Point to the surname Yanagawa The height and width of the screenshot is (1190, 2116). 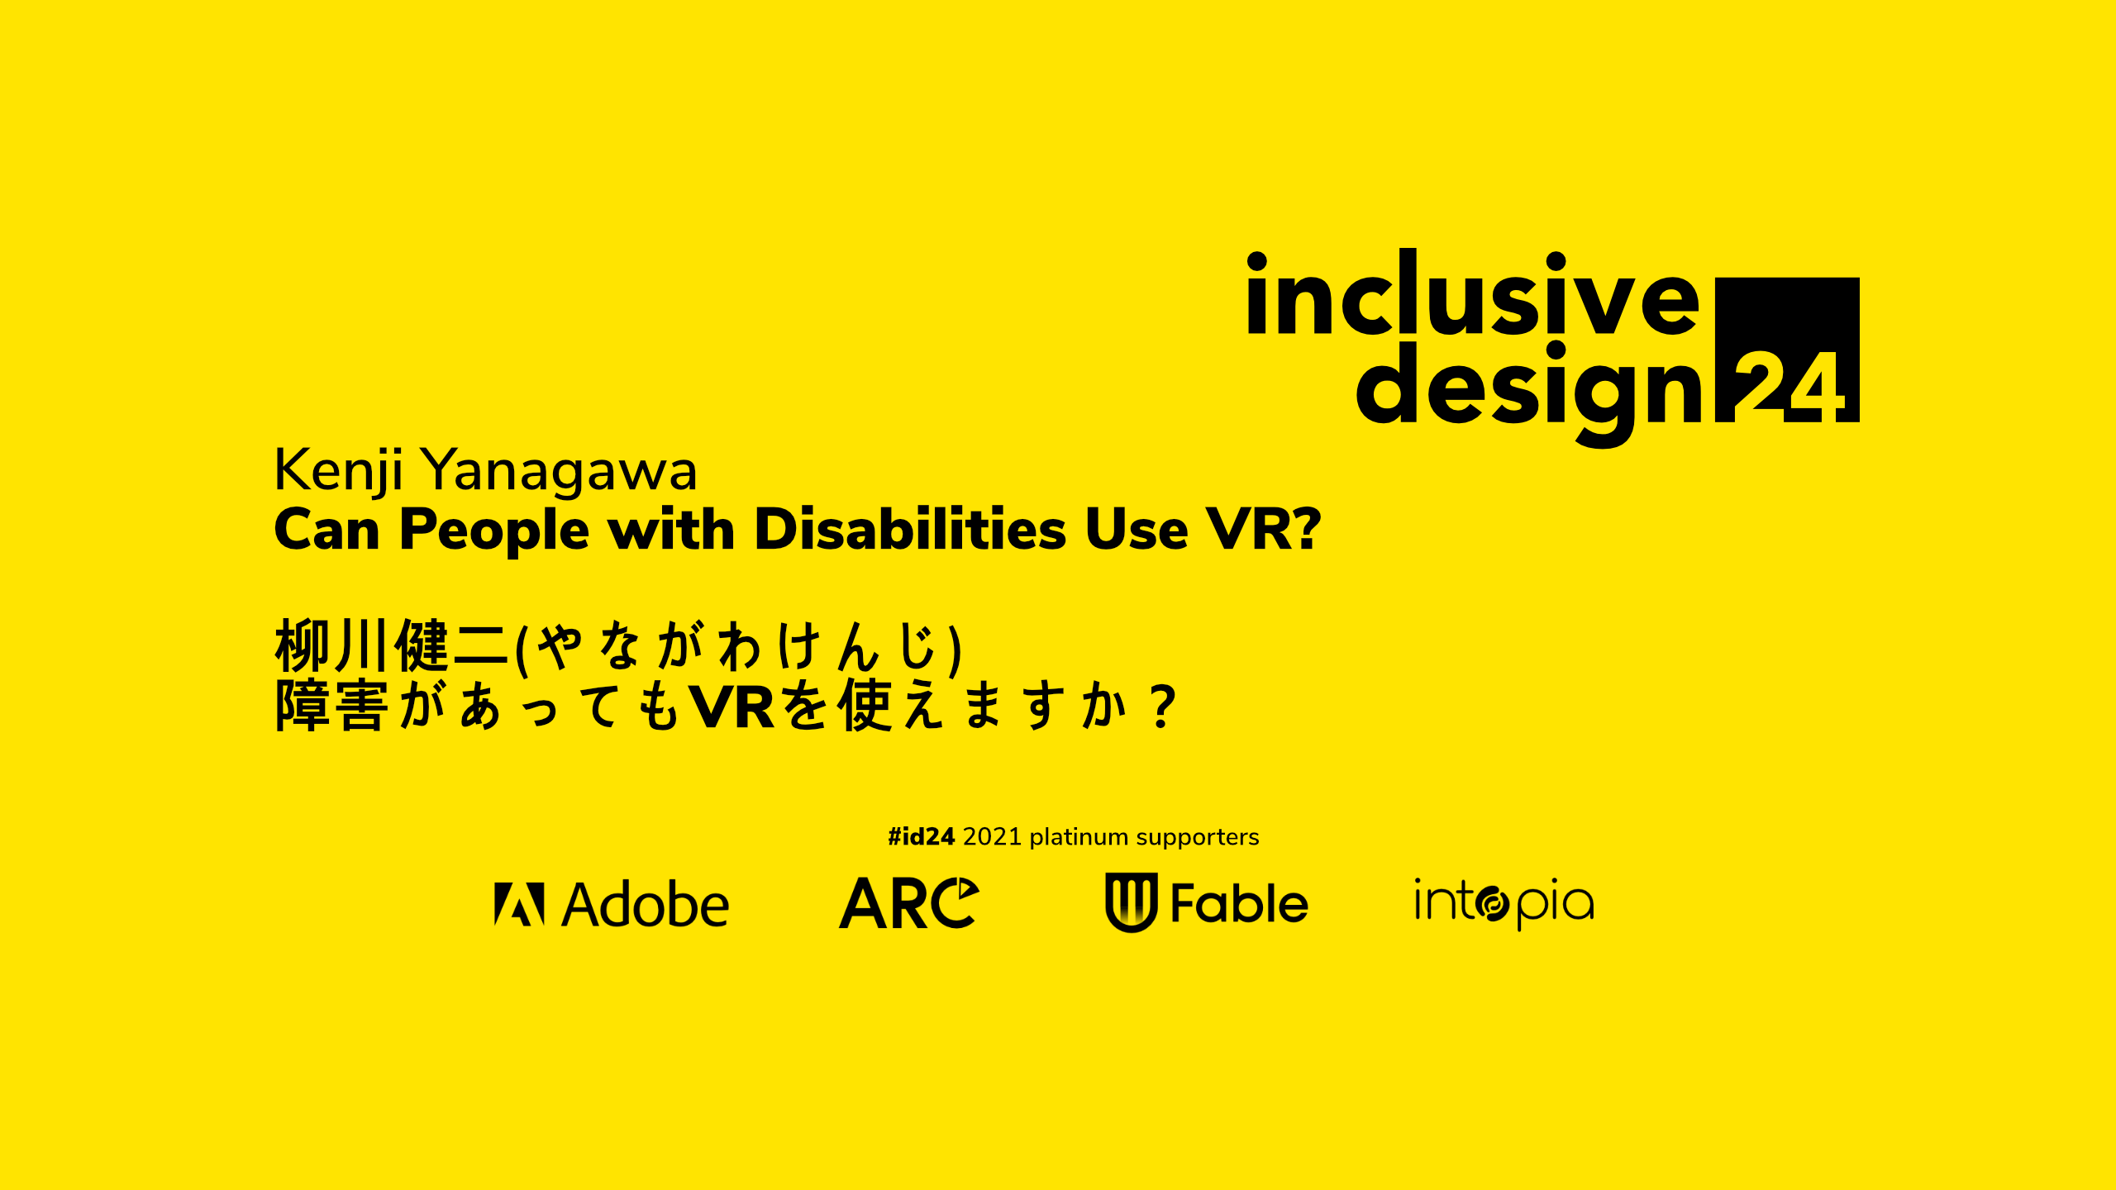click(560, 471)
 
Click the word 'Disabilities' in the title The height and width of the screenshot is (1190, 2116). click(910, 528)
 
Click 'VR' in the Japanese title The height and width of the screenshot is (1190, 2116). click(732, 707)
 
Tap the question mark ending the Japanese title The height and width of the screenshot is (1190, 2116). click(1163, 706)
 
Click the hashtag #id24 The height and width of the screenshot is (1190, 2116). click(921, 837)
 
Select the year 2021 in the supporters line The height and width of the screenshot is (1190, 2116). click(992, 837)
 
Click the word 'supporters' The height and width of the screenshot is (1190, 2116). click(1197, 838)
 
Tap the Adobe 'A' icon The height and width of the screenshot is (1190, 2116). click(519, 903)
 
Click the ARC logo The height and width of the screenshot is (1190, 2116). click(909, 902)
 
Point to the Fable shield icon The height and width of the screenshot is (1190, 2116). click(1131, 902)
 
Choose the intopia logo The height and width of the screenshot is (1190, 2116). click(1504, 903)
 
